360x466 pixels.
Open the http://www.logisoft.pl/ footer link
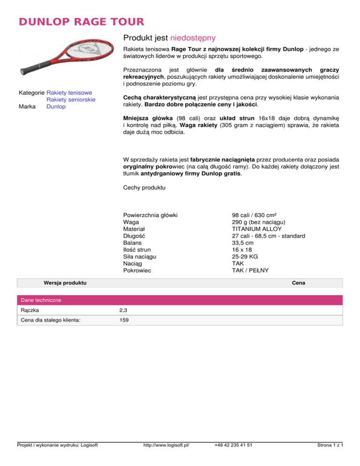[167, 458]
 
